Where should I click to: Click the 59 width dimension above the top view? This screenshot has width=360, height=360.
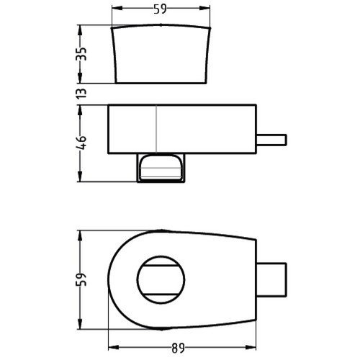click(x=160, y=9)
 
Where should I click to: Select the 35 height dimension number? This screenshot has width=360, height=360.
click(x=81, y=54)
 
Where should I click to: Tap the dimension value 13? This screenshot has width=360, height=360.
click(x=81, y=93)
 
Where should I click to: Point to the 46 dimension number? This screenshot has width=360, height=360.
click(x=81, y=143)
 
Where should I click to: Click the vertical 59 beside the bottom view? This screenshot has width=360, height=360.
click(x=81, y=279)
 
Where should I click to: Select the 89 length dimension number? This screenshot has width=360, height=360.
click(x=178, y=348)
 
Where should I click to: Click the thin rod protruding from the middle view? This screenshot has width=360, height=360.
click(x=271, y=140)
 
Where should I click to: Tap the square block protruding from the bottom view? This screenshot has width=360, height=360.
click(x=271, y=280)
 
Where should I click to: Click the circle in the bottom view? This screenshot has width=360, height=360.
click(x=137, y=279)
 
